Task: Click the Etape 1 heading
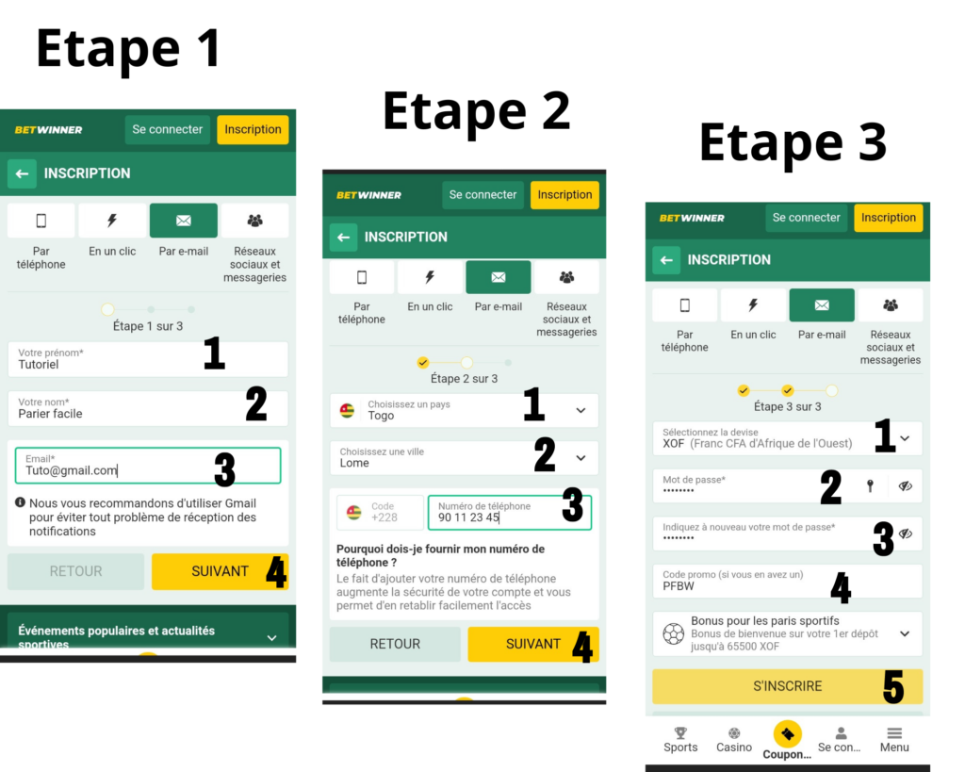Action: click(128, 49)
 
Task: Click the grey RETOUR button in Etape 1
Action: click(75, 571)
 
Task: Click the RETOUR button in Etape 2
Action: click(395, 644)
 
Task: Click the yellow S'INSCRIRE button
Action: click(787, 686)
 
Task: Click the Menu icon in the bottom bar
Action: click(894, 733)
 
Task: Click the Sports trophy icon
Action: click(680, 732)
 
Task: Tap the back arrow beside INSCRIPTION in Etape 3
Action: click(666, 260)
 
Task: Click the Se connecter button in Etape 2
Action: click(482, 195)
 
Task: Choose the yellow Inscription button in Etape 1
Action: click(253, 130)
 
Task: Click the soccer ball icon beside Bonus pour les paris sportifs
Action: click(673, 634)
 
